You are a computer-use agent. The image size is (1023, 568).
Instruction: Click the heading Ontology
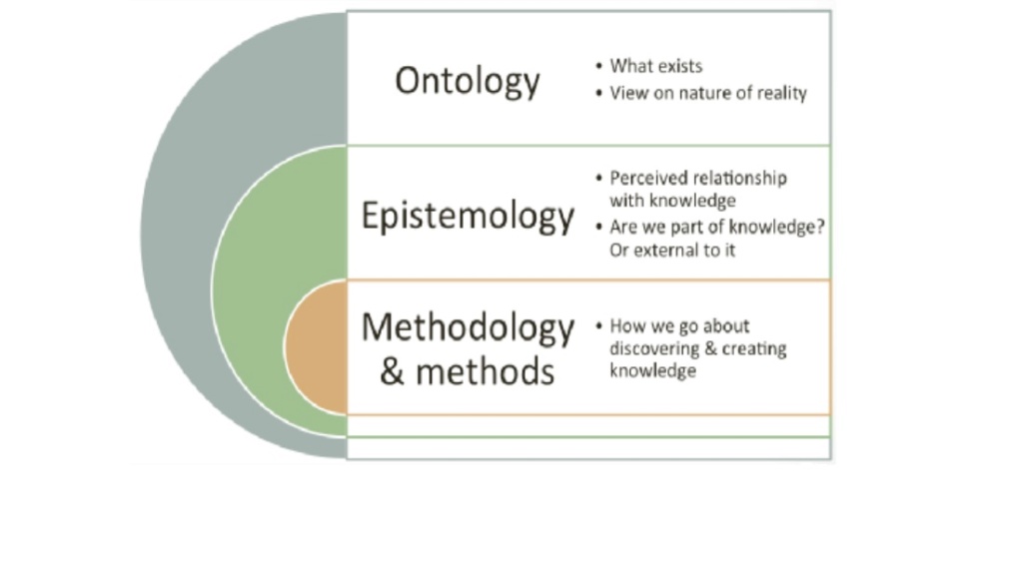click(x=468, y=82)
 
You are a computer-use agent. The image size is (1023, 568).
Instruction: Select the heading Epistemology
click(x=468, y=217)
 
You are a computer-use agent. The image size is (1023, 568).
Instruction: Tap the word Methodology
click(x=468, y=328)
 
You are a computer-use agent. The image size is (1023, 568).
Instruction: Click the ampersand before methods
click(x=392, y=371)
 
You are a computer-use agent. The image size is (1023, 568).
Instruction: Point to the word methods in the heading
click(x=485, y=371)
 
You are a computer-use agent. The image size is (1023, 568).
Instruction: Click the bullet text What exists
click(x=655, y=66)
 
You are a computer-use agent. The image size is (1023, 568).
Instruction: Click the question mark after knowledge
click(x=820, y=227)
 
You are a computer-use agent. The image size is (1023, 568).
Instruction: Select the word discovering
click(x=647, y=349)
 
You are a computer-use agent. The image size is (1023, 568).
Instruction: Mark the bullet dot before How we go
click(x=599, y=325)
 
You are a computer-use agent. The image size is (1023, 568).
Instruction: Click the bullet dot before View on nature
click(x=599, y=93)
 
